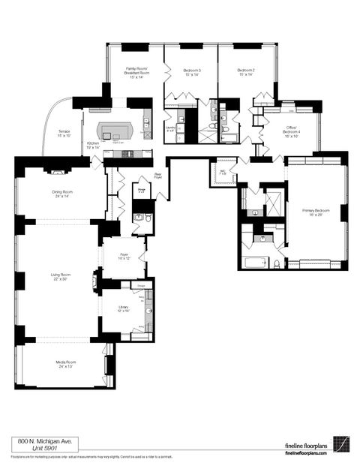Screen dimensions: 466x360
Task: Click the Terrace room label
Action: (64, 134)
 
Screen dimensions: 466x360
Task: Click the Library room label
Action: (122, 308)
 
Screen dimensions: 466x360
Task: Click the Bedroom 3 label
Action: (191, 72)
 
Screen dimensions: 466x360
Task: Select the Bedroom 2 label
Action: (247, 72)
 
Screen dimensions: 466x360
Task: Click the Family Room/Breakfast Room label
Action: (136, 72)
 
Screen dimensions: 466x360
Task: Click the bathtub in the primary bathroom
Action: (256, 263)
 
